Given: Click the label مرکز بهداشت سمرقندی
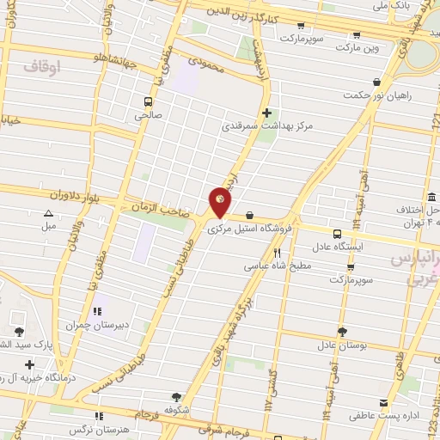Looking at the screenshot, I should pos(267,126).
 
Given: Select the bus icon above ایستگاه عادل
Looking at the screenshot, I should pos(337,233).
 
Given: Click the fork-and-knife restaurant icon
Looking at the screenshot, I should pos(278,253).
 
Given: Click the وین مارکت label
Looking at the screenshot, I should pos(360,49).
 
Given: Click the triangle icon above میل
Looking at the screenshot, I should pos(49,212).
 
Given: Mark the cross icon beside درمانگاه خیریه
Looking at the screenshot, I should pos(30,364).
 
